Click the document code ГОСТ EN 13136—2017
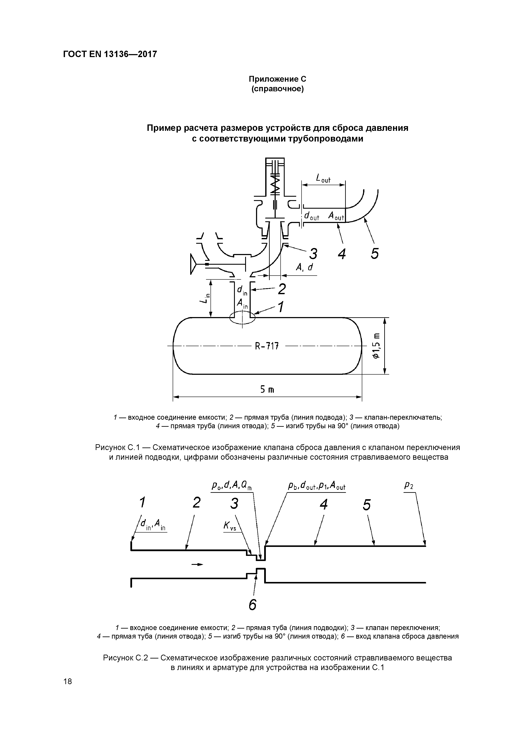(x=110, y=54)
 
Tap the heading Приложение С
(x=277, y=79)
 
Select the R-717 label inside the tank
(x=267, y=345)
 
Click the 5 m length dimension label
(x=267, y=390)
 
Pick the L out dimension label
(x=323, y=179)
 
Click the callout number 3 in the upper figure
(x=314, y=254)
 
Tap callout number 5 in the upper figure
(x=375, y=254)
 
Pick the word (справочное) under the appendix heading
(x=277, y=89)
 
